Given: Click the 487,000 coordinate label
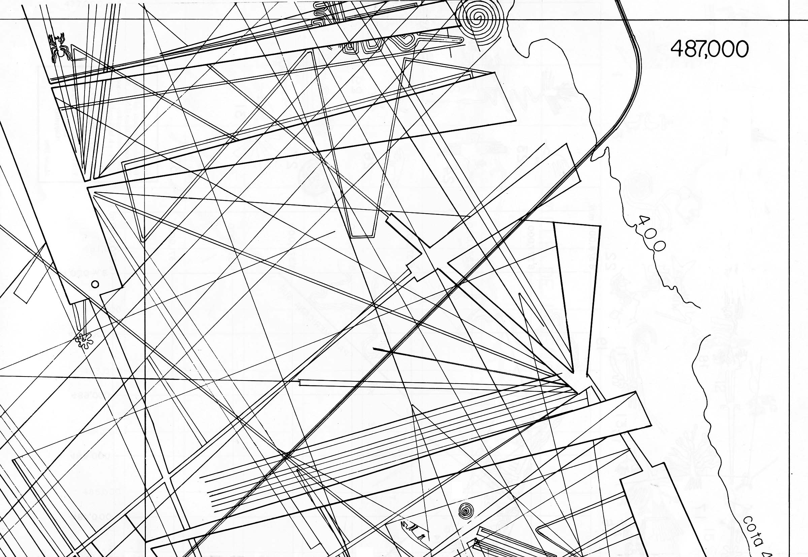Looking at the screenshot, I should click(x=710, y=49).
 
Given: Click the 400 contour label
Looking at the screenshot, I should click(x=650, y=233).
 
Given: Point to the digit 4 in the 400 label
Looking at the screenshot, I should click(x=642, y=221).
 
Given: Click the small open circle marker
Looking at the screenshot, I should click(x=95, y=284).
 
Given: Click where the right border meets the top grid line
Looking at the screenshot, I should click(x=789, y=20).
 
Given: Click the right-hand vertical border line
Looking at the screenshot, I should click(x=789, y=279).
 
